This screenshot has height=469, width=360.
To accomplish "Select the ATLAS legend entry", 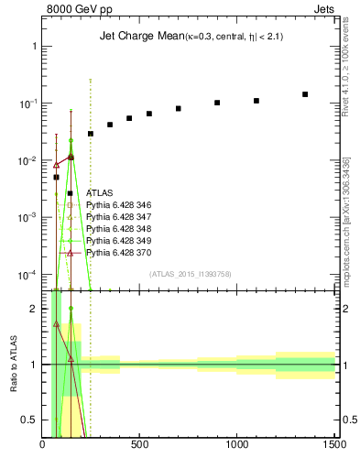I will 99,193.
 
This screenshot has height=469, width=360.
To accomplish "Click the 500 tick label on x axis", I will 140,445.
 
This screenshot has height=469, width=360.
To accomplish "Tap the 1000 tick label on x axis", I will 237,445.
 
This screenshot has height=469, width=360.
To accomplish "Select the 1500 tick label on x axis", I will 334,445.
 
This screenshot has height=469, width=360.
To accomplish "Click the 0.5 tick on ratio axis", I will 30,420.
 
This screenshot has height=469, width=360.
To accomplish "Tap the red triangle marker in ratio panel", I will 56,323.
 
